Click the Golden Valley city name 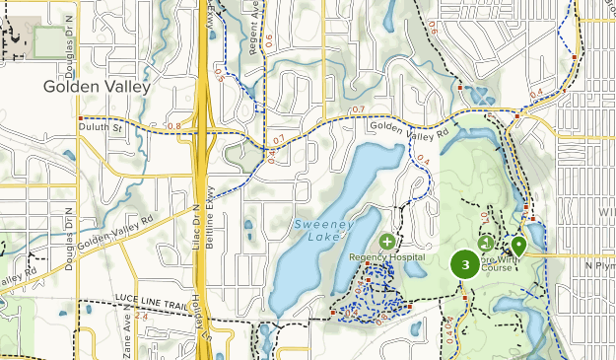97,87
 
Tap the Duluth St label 102,128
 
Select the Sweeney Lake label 320,231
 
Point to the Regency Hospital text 386,257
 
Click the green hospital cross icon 386,241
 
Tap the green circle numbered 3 464,263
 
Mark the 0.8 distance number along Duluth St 173,126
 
